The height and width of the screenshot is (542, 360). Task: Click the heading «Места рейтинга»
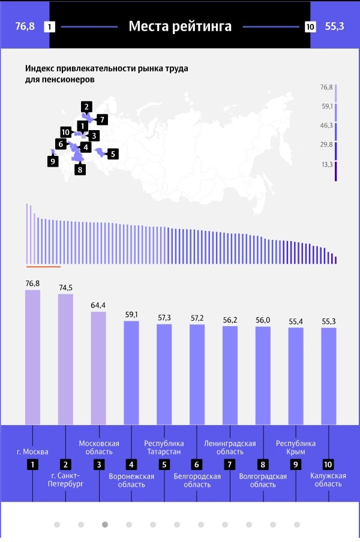(x=180, y=26)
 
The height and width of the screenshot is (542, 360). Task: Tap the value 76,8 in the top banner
(x=25, y=26)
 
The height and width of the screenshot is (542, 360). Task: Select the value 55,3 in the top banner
(x=335, y=26)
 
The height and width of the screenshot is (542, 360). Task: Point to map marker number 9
(x=53, y=161)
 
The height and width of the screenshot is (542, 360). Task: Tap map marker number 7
(x=101, y=119)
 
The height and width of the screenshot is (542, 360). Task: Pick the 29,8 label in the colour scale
(x=326, y=144)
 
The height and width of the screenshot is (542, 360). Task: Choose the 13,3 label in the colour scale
(x=326, y=164)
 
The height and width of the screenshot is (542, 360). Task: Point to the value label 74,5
(x=65, y=288)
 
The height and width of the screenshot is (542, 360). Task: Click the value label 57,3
(x=164, y=317)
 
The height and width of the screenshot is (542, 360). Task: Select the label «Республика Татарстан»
(x=164, y=447)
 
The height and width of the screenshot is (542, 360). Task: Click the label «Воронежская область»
(x=131, y=480)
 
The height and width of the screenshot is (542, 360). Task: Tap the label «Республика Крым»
(x=295, y=447)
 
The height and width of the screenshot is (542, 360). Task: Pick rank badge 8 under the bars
(x=262, y=464)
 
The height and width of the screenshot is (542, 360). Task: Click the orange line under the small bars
(x=43, y=266)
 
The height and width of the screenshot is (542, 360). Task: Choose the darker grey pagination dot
(x=105, y=524)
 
